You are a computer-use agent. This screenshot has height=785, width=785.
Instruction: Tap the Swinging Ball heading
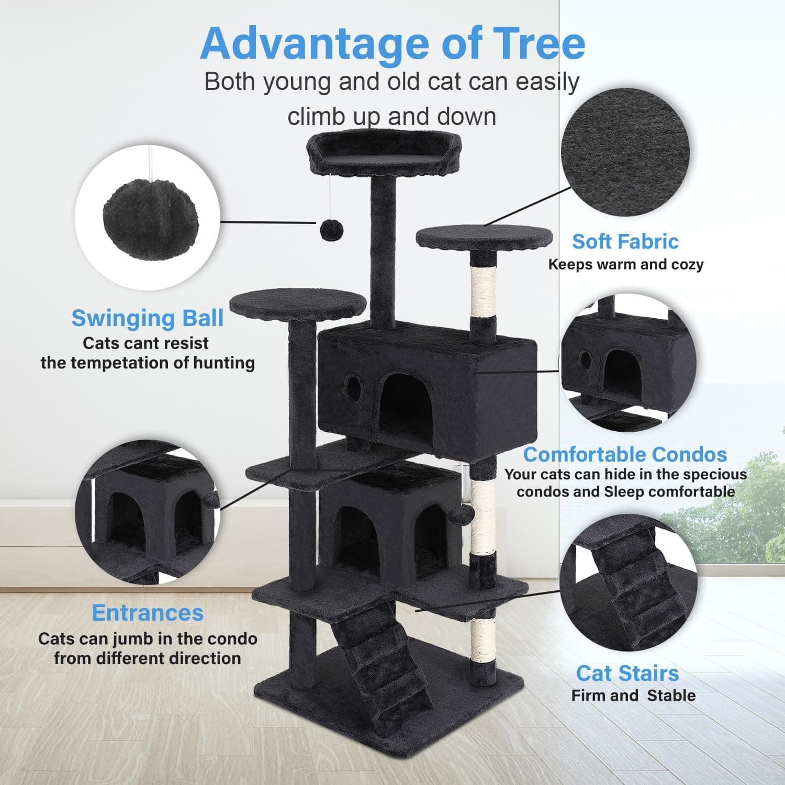pyautogui.click(x=148, y=318)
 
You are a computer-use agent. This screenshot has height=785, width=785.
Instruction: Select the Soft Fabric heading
pyautogui.click(x=625, y=241)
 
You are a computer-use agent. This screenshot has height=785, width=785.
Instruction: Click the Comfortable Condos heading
pyautogui.click(x=625, y=454)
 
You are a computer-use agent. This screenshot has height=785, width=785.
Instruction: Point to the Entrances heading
pyautogui.click(x=148, y=613)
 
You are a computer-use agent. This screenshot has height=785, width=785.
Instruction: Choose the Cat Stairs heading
pyautogui.click(x=627, y=673)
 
